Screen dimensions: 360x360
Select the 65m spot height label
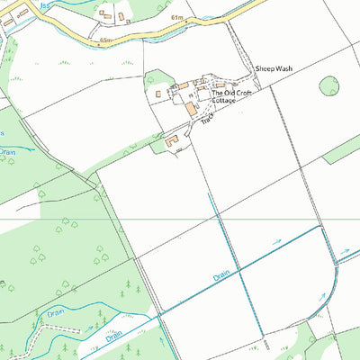pos(107,40)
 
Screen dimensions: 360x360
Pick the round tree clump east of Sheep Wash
pos(330,86)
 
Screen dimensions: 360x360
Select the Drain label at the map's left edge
pos(7,152)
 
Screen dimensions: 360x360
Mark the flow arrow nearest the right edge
pos(343,253)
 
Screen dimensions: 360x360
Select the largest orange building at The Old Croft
pos(192,108)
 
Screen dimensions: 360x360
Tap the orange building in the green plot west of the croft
pos(159,92)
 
